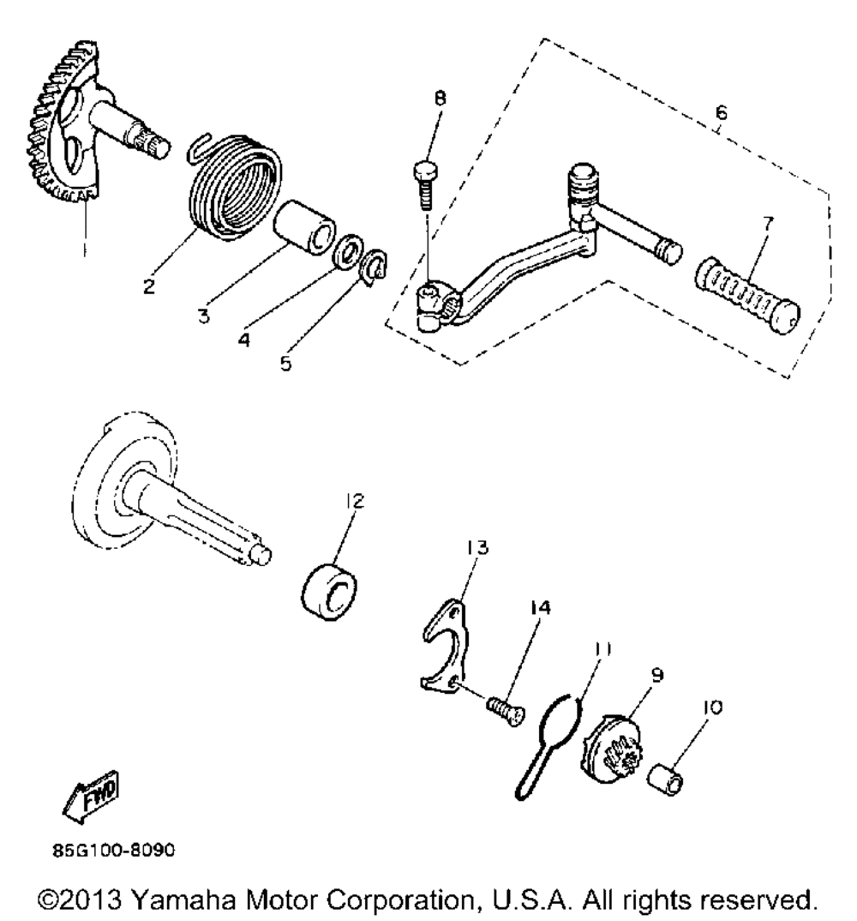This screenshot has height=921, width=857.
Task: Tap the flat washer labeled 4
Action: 348,254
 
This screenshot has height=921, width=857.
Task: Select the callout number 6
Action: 721,111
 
